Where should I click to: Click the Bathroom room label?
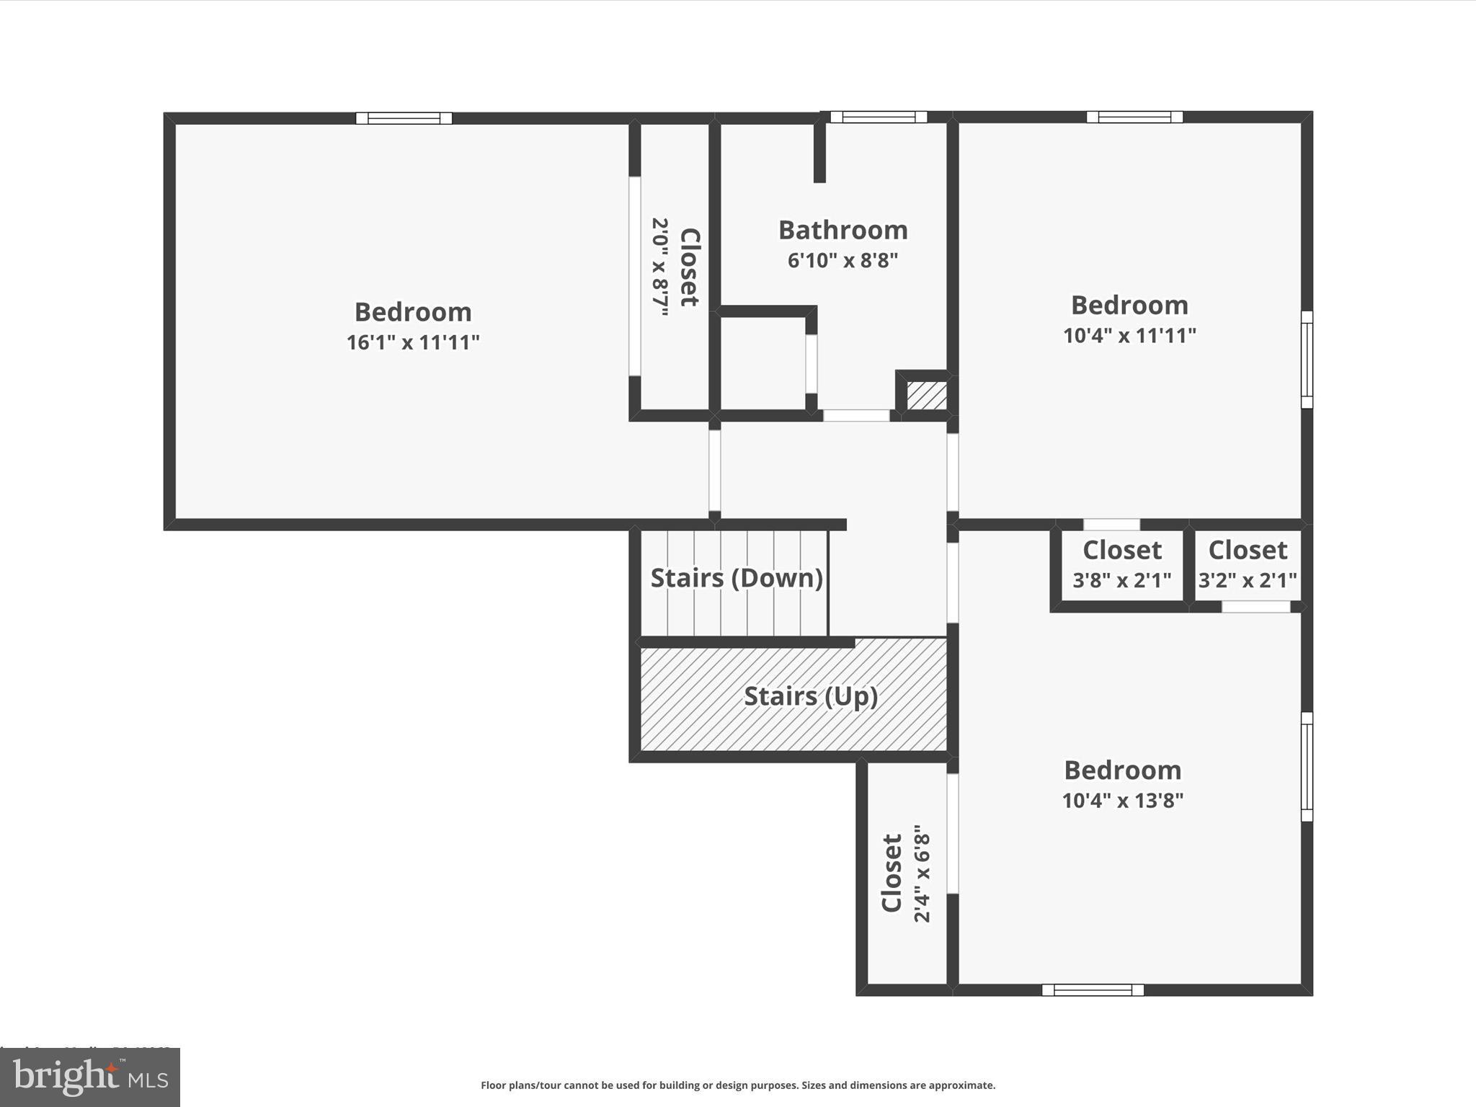(x=843, y=231)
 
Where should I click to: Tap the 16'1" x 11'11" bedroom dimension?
(x=413, y=342)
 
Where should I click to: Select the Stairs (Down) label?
(x=737, y=578)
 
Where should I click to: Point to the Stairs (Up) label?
(x=811, y=696)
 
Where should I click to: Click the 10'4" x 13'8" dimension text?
(x=1122, y=801)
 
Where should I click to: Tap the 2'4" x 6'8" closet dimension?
(x=922, y=873)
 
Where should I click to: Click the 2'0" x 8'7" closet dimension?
(x=660, y=267)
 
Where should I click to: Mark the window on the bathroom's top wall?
(x=878, y=117)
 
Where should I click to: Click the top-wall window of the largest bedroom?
(x=404, y=118)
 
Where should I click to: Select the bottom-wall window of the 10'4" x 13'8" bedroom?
(x=1093, y=990)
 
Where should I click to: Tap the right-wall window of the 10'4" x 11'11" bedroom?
(x=1307, y=360)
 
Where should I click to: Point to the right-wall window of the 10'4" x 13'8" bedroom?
(x=1307, y=767)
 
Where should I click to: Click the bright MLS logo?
(x=90, y=1077)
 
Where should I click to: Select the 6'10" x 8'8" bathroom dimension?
(x=843, y=260)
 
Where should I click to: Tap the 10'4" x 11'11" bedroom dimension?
(x=1129, y=336)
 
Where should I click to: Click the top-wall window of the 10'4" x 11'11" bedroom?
(x=1134, y=117)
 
